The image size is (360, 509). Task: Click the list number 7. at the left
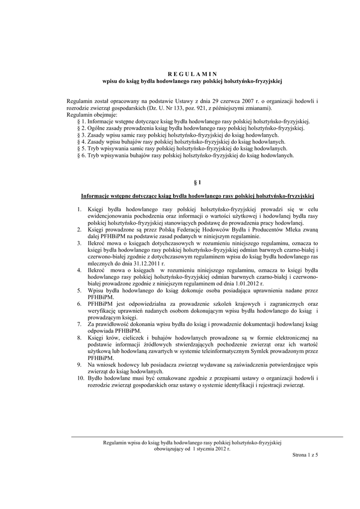pyautogui.click(x=79, y=324)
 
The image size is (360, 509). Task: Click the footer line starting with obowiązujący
pyautogui.click(x=192, y=448)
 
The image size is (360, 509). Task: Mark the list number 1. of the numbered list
pyautogui.click(x=79, y=209)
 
